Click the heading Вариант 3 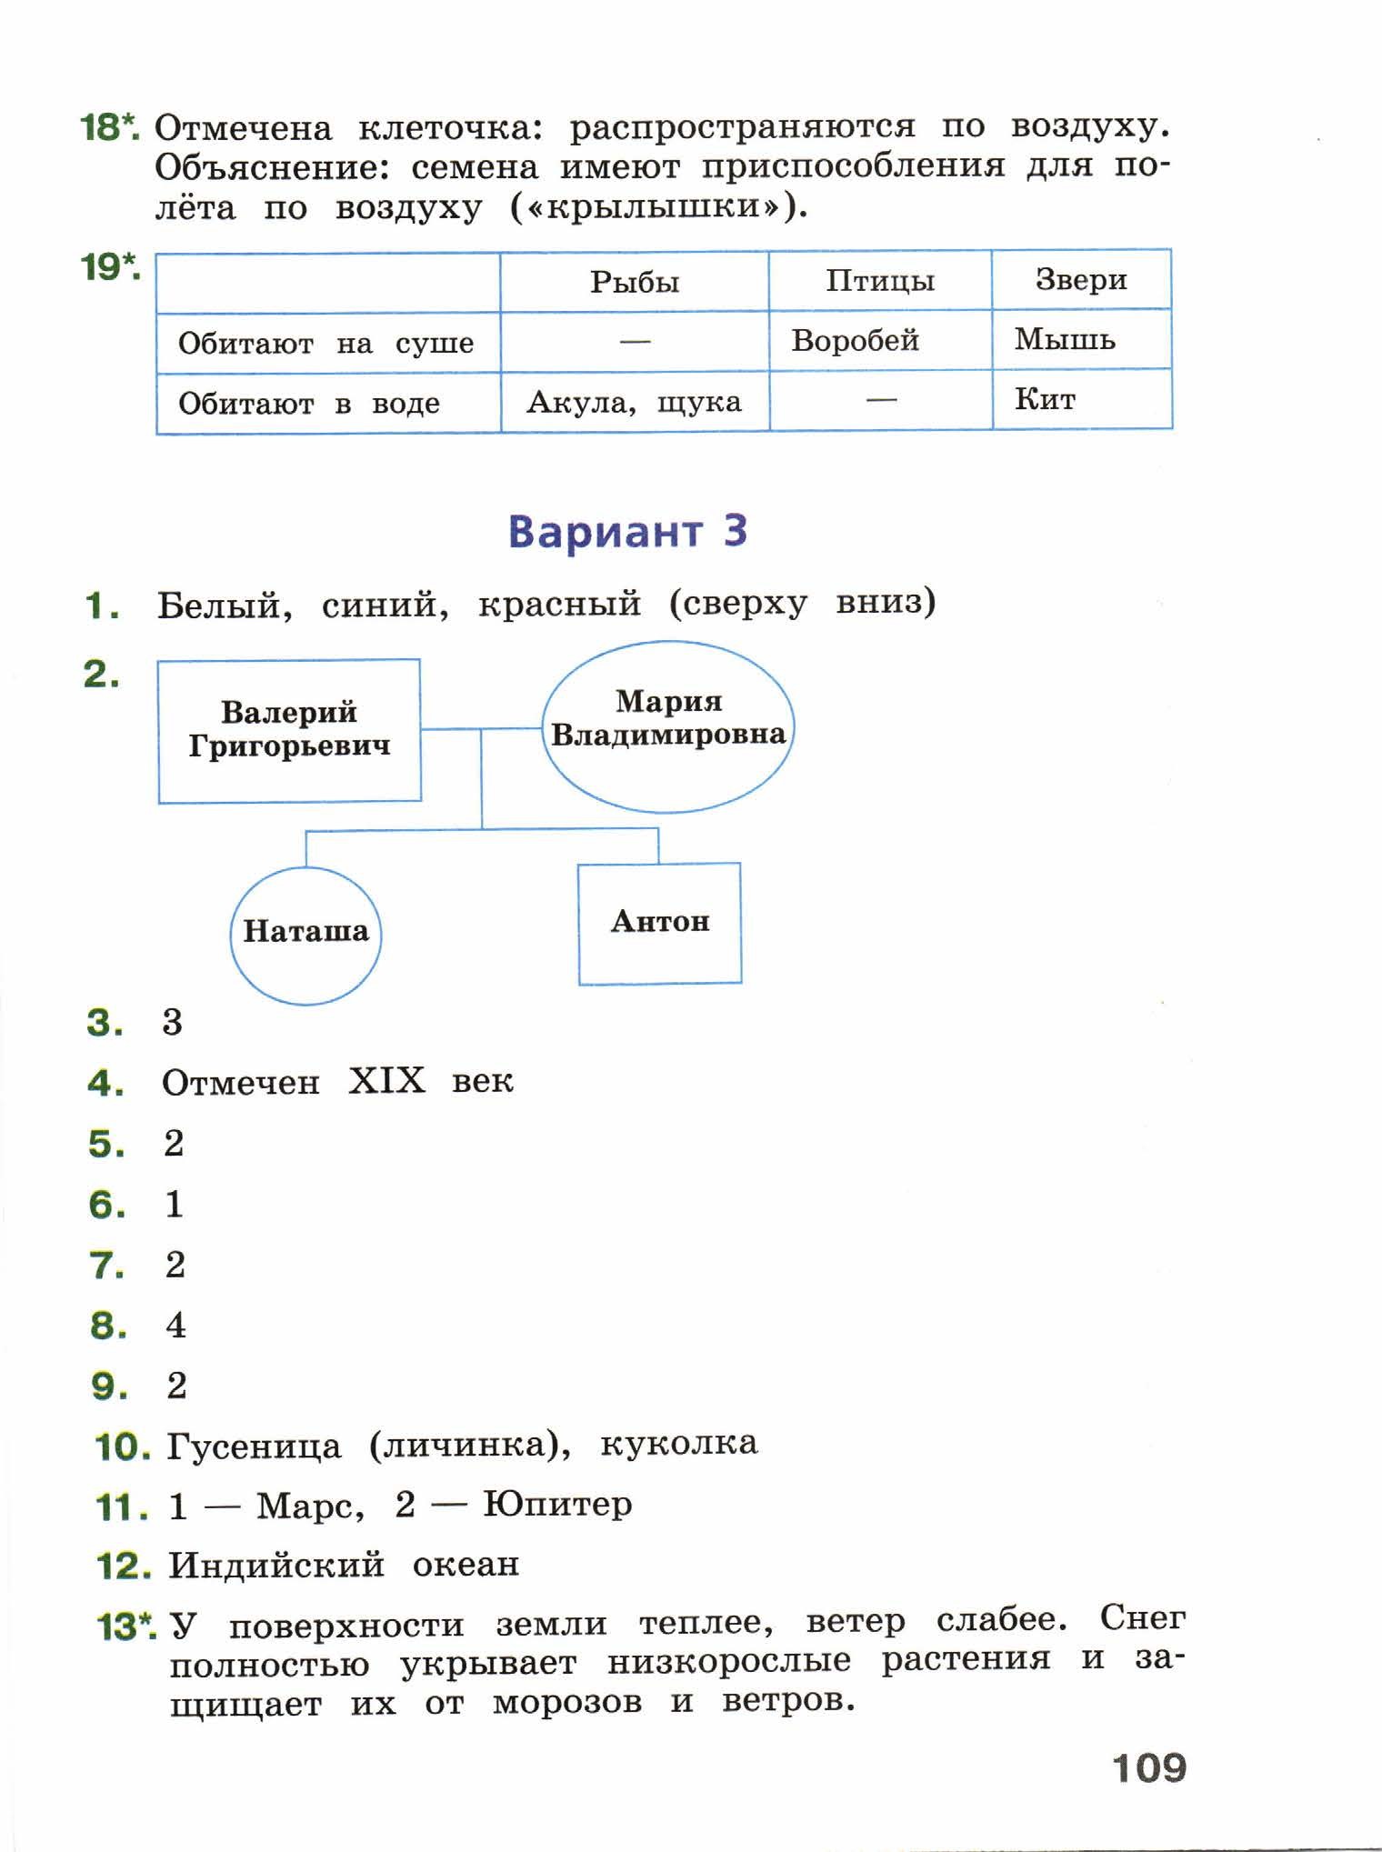pyautogui.click(x=627, y=531)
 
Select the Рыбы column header pyautogui.click(x=635, y=282)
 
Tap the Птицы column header pyautogui.click(x=880, y=280)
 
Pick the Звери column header pyautogui.click(x=1081, y=279)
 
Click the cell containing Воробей pyautogui.click(x=880, y=340)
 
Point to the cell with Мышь pyautogui.click(x=1082, y=339)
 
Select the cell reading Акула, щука pyautogui.click(x=635, y=402)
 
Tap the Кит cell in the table pyautogui.click(x=1082, y=399)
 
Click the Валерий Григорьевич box pyautogui.click(x=289, y=730)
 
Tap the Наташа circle pyautogui.click(x=305, y=935)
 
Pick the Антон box pyautogui.click(x=660, y=923)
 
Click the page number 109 pyautogui.click(x=1149, y=1767)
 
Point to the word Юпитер pyautogui.click(x=557, y=1504)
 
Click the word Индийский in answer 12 pyautogui.click(x=276, y=1565)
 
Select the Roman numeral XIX pyautogui.click(x=386, y=1081)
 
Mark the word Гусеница pyautogui.click(x=255, y=1447)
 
